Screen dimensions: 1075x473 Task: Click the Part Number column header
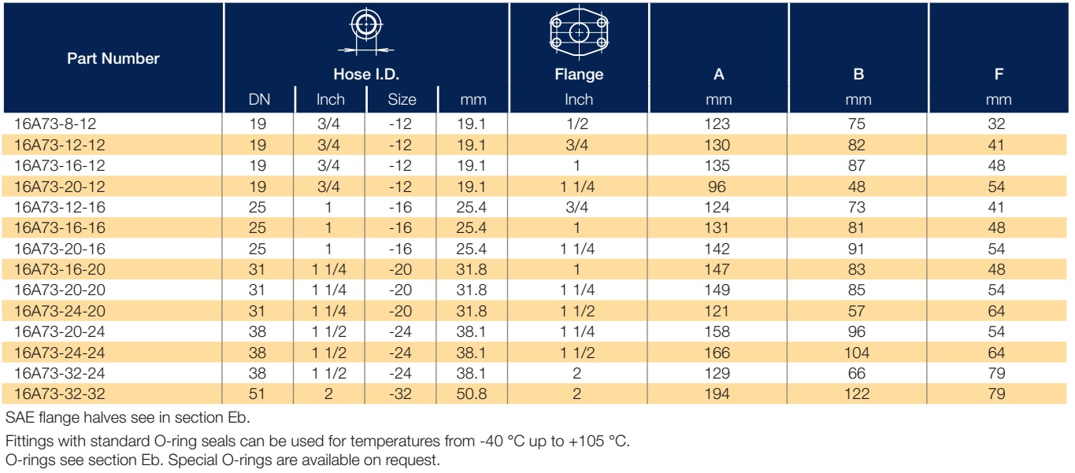pyautogui.click(x=113, y=58)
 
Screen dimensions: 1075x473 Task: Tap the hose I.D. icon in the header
pyautogui.click(x=366, y=30)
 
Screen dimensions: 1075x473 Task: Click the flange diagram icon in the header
pyautogui.click(x=579, y=32)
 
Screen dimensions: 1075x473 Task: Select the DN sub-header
pyautogui.click(x=259, y=99)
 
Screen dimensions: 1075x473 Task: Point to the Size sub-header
pyautogui.click(x=402, y=99)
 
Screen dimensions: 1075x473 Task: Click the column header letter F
pyautogui.click(x=999, y=74)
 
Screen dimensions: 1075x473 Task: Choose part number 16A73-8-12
pyautogui.click(x=55, y=124)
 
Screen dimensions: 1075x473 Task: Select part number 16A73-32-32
pyautogui.click(x=60, y=394)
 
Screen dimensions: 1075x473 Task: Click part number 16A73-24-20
pyautogui.click(x=60, y=311)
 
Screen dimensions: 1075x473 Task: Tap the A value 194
pyautogui.click(x=717, y=394)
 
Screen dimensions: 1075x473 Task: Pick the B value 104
pyautogui.click(x=857, y=353)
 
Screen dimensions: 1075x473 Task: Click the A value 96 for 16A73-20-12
pyautogui.click(x=717, y=187)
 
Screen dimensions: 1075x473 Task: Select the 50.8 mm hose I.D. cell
pyautogui.click(x=471, y=394)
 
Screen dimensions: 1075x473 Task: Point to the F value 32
pyautogui.click(x=996, y=124)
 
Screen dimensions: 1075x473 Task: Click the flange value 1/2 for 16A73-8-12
pyautogui.click(x=576, y=124)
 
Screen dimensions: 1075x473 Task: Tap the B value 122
pyautogui.click(x=857, y=394)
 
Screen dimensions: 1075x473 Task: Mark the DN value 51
pyautogui.click(x=257, y=394)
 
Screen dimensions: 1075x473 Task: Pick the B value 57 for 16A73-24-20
pyautogui.click(x=857, y=311)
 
